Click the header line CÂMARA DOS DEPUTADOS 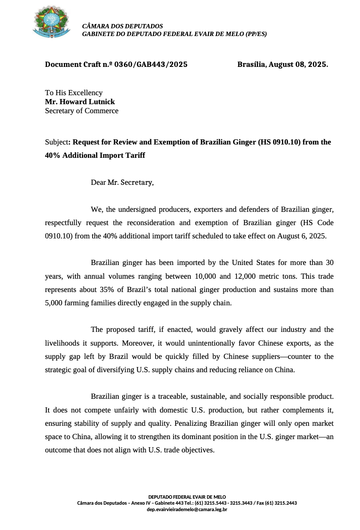[x=123, y=26]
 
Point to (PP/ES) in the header [x=256, y=34]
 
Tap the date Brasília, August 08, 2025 [x=282, y=65]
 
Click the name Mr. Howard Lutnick [x=80, y=102]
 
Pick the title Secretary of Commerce [x=81, y=111]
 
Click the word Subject [x=57, y=142]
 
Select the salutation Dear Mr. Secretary [x=122, y=183]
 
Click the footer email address [x=187, y=509]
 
